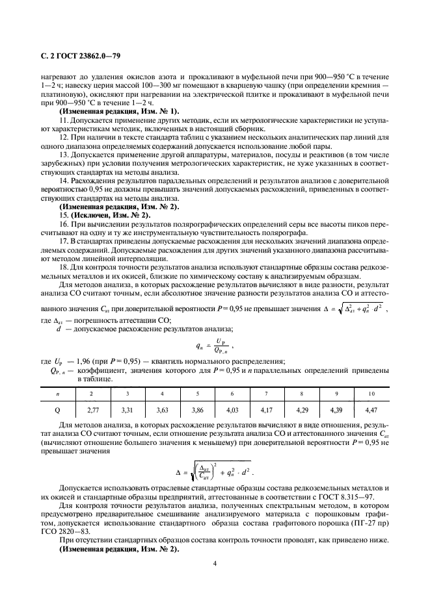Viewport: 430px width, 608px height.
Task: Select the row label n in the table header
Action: point(59,394)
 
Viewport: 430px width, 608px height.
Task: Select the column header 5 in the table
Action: point(198,394)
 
